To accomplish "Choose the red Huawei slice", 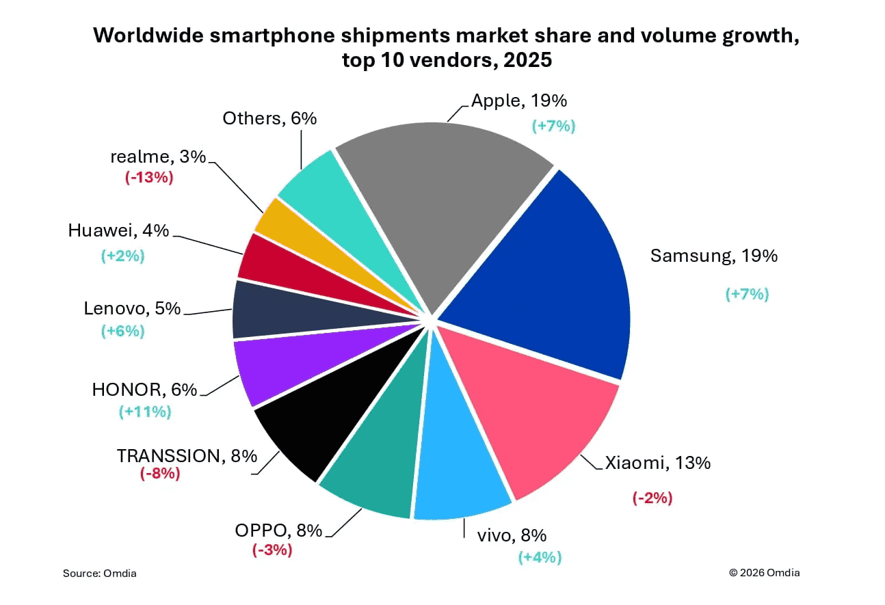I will [267, 263].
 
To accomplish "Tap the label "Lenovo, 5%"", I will [132, 308].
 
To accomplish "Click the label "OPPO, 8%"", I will [278, 531].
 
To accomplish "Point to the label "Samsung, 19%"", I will [713, 256].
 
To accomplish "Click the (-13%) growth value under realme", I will [148, 178].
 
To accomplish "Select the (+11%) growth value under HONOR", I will [144, 412].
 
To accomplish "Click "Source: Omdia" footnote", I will [100, 573].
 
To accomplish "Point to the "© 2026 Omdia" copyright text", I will [764, 573].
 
